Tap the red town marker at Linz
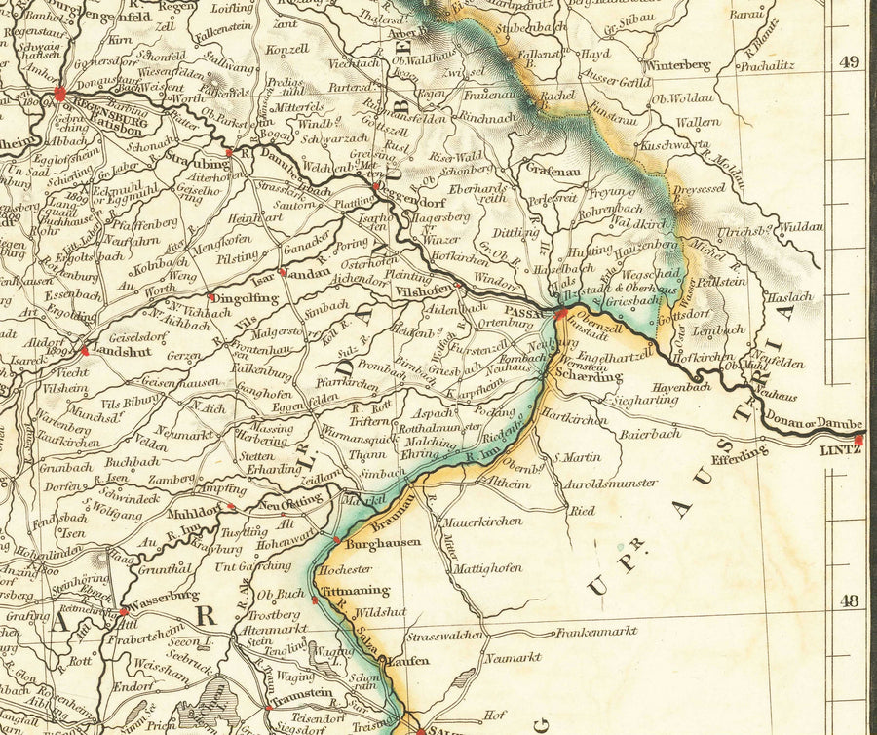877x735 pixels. (858, 440)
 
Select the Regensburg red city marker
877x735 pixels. (60, 95)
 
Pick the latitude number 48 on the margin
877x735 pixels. (850, 600)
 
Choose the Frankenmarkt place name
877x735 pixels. (596, 632)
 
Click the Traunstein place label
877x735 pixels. (302, 702)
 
